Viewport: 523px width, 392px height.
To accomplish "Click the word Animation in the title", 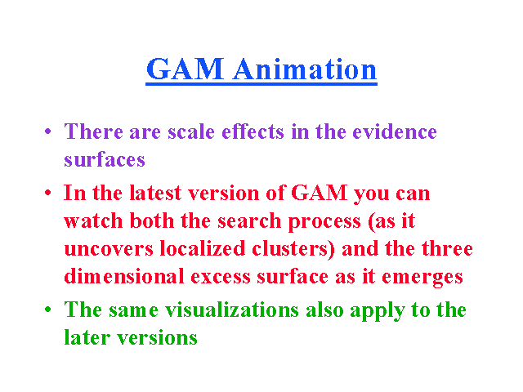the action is coord(305,69).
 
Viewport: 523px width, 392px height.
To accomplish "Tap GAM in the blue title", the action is coord(186,69).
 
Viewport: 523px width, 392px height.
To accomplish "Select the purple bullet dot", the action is coord(47,131).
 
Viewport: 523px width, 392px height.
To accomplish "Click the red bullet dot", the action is coord(47,193).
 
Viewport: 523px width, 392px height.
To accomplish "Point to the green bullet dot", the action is coord(47,310).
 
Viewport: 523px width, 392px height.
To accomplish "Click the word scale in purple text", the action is coord(191,131).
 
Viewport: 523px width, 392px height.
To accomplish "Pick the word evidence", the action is coord(395,131).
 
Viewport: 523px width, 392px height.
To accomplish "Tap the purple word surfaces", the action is coord(105,159).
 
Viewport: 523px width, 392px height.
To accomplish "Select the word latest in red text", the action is coord(155,193).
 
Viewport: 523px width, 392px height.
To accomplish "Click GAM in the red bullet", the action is coord(320,193).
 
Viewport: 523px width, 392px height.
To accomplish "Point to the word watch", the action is coord(93,220).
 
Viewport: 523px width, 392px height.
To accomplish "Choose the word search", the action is coord(249,220).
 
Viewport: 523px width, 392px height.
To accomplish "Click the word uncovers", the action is coord(109,248).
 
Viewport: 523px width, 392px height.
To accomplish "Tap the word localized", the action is coord(203,248).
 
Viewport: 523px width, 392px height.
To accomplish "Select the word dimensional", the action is coord(124,276).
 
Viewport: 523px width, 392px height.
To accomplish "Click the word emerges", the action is coord(422,278).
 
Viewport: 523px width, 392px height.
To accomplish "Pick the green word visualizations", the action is coord(232,310).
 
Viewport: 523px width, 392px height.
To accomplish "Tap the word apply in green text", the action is coord(377,311).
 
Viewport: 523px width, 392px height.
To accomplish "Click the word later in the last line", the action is coord(87,337).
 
